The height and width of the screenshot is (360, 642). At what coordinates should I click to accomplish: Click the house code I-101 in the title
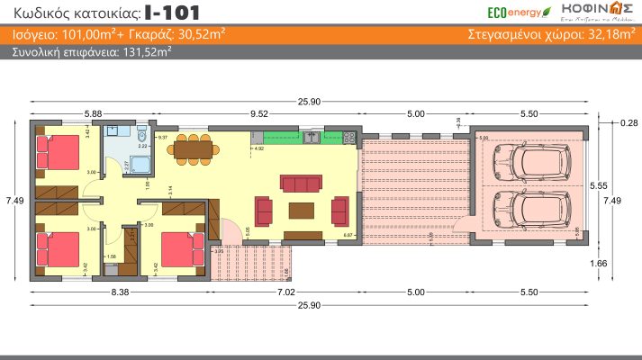[172, 13]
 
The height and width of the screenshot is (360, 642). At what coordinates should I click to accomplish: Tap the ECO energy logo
[513, 12]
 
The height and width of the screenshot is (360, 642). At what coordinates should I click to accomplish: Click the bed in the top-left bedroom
[58, 153]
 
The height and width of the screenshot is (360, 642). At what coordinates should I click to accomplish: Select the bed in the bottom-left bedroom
[57, 247]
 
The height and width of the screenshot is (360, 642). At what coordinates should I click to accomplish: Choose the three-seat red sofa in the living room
[300, 184]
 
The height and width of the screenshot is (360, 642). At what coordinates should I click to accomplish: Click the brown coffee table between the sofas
[301, 211]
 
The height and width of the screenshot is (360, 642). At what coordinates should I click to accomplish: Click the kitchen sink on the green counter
[312, 137]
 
